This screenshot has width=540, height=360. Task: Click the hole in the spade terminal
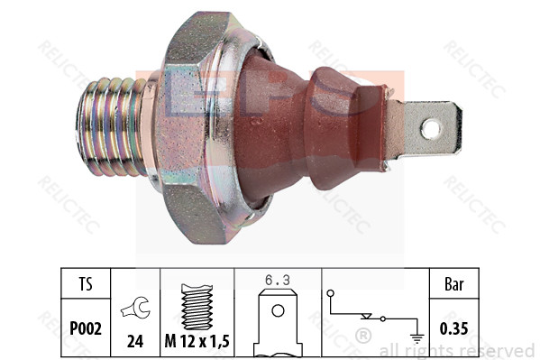[430, 128]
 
